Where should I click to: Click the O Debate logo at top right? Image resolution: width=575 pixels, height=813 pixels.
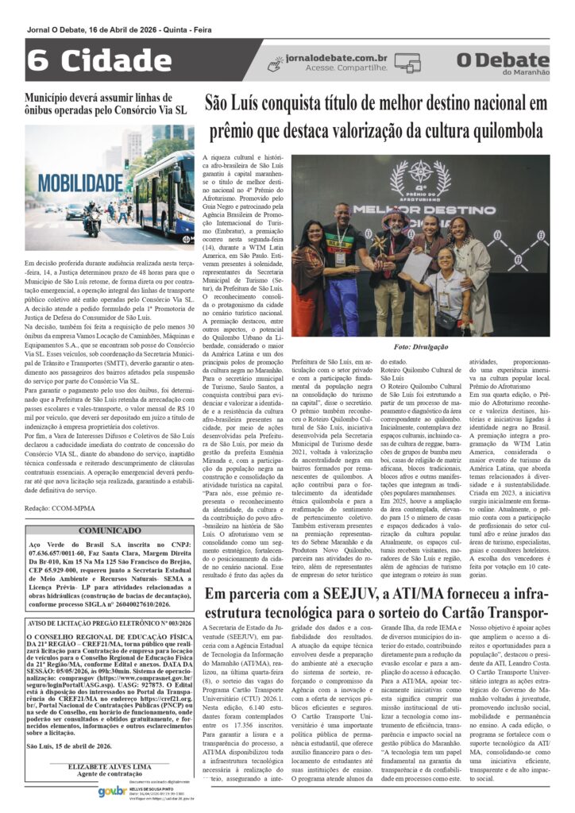(503, 62)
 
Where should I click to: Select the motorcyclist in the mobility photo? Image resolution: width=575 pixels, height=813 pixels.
(91, 215)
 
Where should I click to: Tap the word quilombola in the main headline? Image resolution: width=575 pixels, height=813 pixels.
(496, 130)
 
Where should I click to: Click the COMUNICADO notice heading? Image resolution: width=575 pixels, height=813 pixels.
(109, 507)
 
